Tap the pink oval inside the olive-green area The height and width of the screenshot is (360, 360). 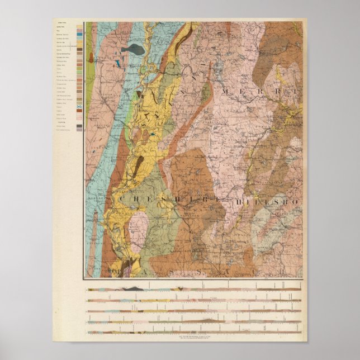tap(139, 223)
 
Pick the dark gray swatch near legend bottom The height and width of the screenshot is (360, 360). tap(79, 128)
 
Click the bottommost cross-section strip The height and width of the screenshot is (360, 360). tap(193, 332)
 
